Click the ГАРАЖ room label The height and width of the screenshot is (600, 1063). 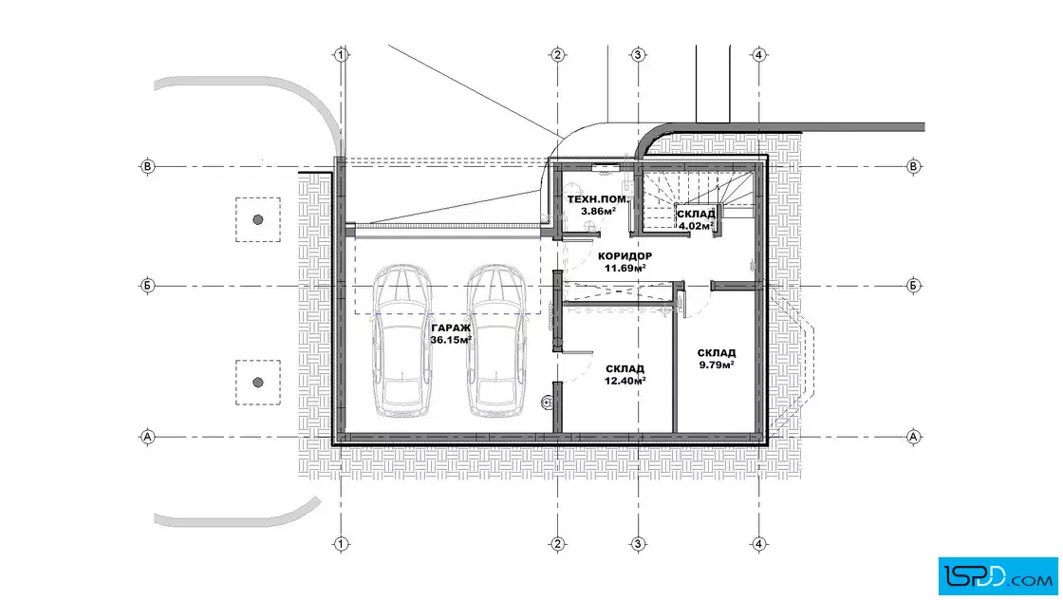[450, 328]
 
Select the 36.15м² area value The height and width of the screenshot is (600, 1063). [451, 340]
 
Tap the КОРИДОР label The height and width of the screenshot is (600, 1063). [625, 256]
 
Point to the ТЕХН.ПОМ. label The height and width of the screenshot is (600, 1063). [597, 199]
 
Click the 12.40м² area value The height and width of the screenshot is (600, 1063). [625, 381]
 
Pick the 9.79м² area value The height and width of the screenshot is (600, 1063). [717, 364]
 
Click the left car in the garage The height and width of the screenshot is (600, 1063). [402, 340]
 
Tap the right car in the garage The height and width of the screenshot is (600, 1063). [495, 340]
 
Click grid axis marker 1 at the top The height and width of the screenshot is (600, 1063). [341, 55]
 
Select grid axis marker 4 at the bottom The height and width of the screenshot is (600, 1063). [758, 544]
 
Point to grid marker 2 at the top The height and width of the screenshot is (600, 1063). [557, 55]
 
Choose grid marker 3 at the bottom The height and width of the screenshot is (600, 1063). [637, 544]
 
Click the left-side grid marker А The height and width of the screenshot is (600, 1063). [148, 437]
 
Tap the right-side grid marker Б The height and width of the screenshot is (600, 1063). [913, 286]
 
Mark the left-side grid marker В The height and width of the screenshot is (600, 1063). [148, 166]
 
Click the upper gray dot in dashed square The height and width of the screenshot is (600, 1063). [257, 219]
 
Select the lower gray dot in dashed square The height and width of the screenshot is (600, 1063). [257, 383]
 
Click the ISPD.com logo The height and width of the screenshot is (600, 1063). [998, 576]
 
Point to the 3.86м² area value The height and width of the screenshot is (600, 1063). [598, 211]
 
